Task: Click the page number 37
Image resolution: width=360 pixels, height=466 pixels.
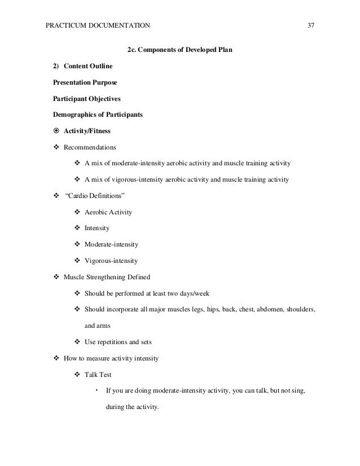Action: pyautogui.click(x=310, y=25)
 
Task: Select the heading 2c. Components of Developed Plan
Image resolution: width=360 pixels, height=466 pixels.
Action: pyautogui.click(x=180, y=50)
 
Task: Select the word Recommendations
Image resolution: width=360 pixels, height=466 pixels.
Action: pyautogui.click(x=90, y=148)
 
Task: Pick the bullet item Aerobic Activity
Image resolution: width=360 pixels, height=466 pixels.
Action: pyautogui.click(x=108, y=213)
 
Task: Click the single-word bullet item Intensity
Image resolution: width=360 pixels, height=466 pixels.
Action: pyautogui.click(x=97, y=229)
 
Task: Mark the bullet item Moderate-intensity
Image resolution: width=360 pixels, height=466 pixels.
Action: pyautogui.click(x=111, y=245)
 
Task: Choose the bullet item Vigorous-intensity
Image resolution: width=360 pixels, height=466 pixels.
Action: pyautogui.click(x=111, y=261)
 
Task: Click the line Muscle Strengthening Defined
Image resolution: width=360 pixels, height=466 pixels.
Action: pyautogui.click(x=107, y=278)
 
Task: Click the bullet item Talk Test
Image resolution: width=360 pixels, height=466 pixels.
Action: pyautogui.click(x=98, y=375)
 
